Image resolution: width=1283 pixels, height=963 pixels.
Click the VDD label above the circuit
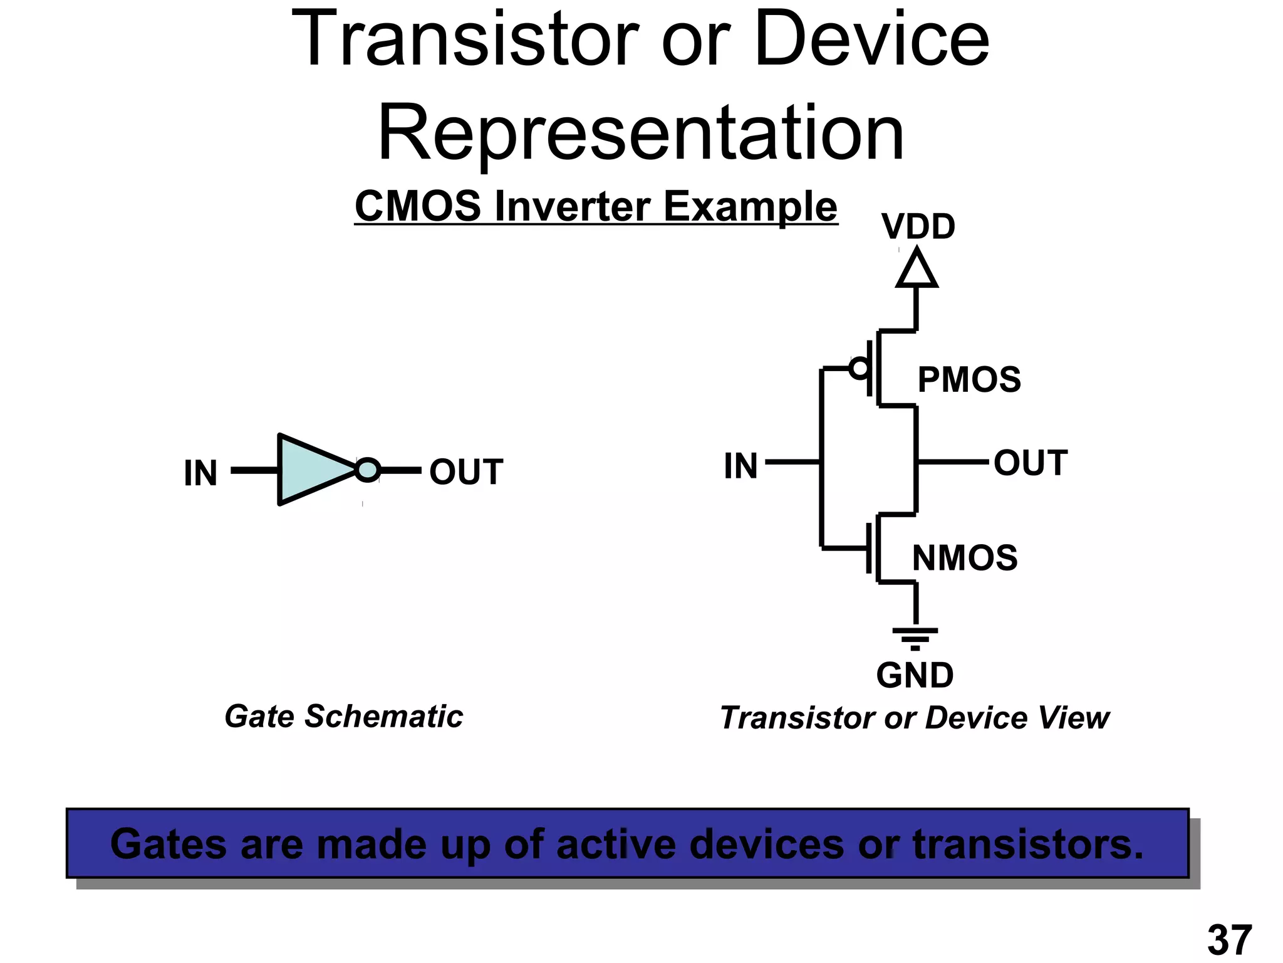(x=918, y=226)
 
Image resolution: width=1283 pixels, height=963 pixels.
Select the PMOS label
(x=969, y=379)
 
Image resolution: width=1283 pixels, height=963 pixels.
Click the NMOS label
(x=964, y=557)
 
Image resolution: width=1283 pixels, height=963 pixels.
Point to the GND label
(x=914, y=675)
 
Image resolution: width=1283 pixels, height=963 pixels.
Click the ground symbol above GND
(x=915, y=636)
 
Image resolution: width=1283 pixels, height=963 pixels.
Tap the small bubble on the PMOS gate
(x=860, y=368)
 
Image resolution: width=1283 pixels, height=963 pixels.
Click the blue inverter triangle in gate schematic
(x=310, y=469)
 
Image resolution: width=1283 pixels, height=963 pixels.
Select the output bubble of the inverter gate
(x=368, y=470)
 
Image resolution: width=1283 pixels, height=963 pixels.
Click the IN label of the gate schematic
(x=200, y=473)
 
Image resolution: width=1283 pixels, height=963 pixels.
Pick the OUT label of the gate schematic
(x=465, y=471)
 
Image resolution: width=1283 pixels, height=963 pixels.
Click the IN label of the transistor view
(x=740, y=466)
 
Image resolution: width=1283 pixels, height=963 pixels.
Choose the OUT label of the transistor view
(x=1030, y=463)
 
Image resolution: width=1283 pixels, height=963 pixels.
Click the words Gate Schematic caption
(x=343, y=716)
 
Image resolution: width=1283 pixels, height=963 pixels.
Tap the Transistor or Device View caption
(x=914, y=718)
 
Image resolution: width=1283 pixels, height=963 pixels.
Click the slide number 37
(x=1229, y=940)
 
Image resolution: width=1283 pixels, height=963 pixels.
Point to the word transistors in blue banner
(x=1027, y=844)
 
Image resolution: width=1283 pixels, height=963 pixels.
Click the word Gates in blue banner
(x=168, y=844)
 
